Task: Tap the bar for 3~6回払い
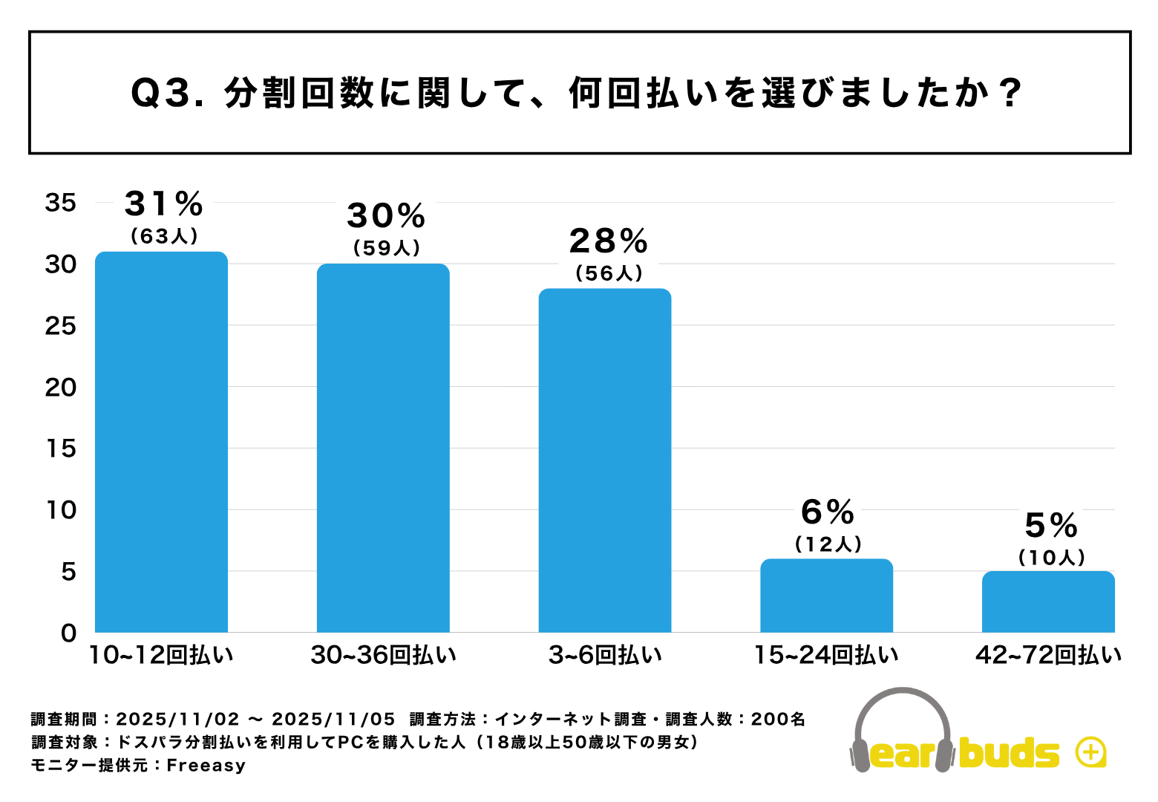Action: (605, 460)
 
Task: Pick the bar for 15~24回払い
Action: (826, 596)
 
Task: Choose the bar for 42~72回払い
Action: (1048, 601)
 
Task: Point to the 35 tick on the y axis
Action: (61, 203)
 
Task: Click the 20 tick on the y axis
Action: (61, 387)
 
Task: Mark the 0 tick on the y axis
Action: (69, 633)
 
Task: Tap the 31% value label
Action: (163, 203)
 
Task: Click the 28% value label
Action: (609, 241)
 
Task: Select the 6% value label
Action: (828, 512)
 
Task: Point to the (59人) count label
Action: (387, 248)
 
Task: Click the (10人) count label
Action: (1052, 558)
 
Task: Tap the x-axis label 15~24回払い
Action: (826, 655)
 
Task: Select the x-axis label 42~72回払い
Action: (1048, 655)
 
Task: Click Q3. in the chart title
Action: (167, 94)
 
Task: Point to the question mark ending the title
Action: (1010, 94)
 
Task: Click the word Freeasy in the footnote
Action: (206, 766)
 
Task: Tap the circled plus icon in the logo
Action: (1090, 752)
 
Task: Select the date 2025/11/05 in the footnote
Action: (333, 719)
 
